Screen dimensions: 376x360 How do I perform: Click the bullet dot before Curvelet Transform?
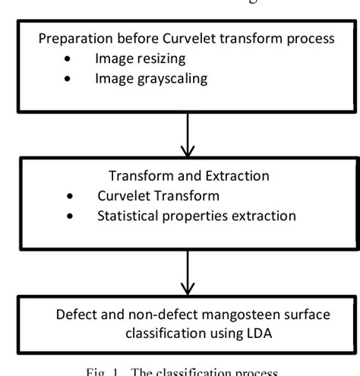click(70, 196)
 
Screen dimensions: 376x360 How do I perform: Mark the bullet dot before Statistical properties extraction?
click(70, 216)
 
